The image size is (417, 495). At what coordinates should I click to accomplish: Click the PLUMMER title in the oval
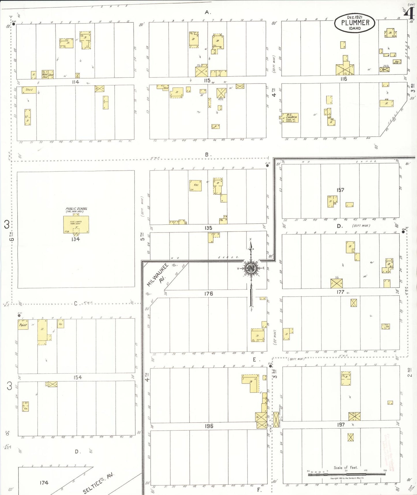coord(355,23)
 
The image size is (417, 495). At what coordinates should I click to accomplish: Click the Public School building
coord(76,224)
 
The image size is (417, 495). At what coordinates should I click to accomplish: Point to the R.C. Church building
coord(290,118)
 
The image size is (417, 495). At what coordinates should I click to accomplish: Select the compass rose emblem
coord(251,268)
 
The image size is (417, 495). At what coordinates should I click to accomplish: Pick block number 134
coord(76,239)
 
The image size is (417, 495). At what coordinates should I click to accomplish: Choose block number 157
coord(340,190)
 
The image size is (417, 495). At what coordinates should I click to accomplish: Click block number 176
coord(208,294)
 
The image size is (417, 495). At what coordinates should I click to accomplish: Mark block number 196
coord(209,426)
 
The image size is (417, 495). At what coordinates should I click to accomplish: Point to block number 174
coord(44,483)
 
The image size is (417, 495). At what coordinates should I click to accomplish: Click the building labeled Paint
coord(23,325)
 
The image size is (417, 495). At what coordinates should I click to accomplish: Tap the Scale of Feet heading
coord(345,468)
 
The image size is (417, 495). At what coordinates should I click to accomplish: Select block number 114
coord(75,82)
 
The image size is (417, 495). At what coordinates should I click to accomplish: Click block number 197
coord(341,425)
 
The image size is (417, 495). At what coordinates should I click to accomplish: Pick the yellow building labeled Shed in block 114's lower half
coord(29,90)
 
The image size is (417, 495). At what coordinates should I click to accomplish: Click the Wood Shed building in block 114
coord(45,75)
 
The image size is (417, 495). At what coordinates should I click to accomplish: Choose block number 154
coord(77,377)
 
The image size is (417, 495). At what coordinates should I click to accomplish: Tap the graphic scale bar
coord(346,474)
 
